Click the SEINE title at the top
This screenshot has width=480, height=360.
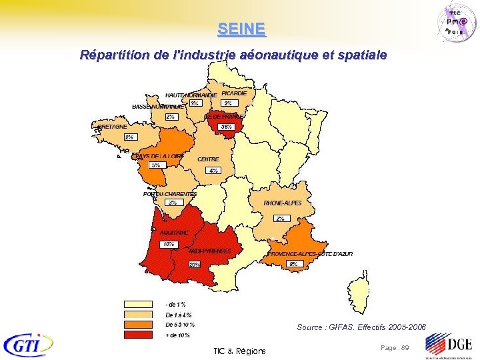pos(241,29)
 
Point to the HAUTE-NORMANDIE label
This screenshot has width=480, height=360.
pos(191,95)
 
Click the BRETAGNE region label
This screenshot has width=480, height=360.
pos(112,127)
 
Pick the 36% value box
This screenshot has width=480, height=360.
pos(227,127)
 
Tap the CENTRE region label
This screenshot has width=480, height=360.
pos(208,159)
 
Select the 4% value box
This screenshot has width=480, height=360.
pos(213,171)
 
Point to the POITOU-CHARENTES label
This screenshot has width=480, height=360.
pos(170,194)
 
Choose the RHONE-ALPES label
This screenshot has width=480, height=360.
pos(283,203)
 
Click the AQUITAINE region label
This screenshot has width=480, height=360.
pos(174,233)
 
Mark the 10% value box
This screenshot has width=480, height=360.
pos(169,244)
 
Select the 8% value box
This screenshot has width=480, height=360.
pos(294,264)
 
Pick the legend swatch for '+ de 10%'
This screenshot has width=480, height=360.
pos(142,335)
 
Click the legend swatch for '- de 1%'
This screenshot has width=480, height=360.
pos(142,304)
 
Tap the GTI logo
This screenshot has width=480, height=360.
pos(28,345)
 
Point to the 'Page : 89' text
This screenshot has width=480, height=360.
pos(395,348)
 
